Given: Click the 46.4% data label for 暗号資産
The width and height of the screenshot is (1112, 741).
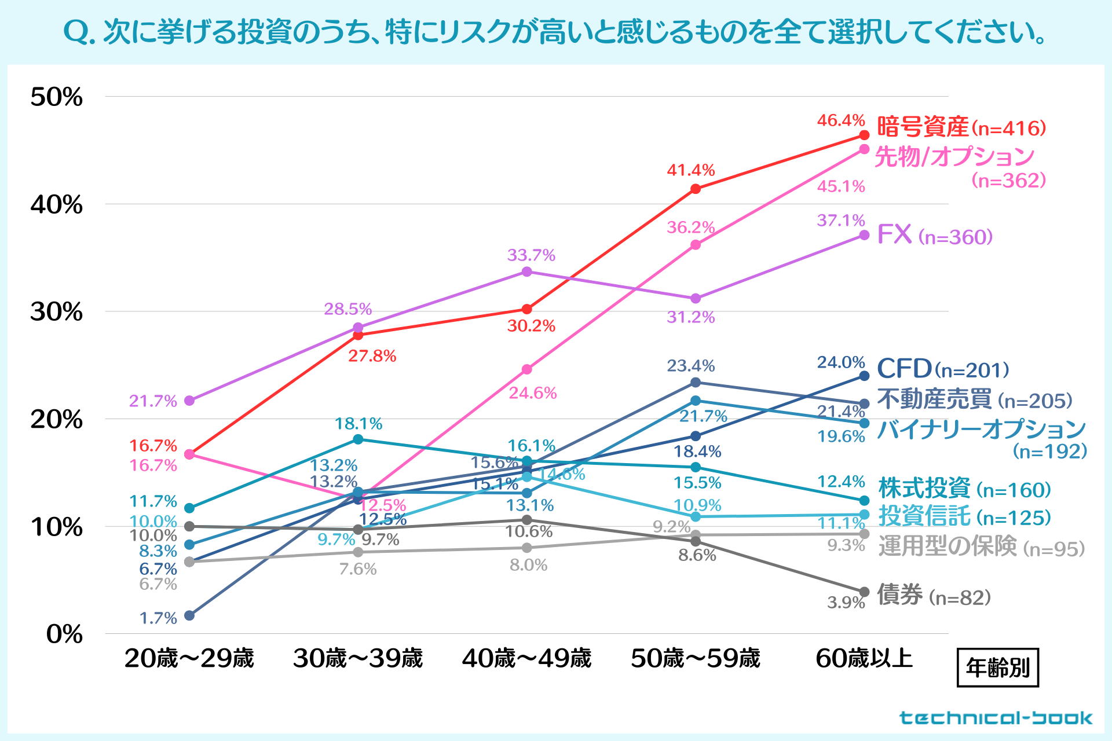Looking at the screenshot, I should [840, 120].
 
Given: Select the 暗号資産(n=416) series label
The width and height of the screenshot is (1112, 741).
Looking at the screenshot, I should [961, 127].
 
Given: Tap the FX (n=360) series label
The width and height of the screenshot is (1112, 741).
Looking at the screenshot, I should [935, 236].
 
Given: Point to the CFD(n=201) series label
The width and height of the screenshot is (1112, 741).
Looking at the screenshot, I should [943, 369].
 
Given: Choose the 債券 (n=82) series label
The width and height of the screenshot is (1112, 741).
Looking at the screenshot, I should [934, 595].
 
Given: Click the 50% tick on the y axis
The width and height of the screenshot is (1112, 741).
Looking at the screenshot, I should [57, 97].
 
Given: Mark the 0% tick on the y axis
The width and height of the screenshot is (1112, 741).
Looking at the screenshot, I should [64, 634].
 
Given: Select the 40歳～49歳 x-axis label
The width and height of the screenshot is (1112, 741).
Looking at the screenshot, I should [526, 659].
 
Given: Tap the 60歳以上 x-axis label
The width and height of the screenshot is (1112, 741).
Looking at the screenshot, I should [864, 659].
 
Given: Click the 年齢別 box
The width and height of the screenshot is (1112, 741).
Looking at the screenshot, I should [997, 668].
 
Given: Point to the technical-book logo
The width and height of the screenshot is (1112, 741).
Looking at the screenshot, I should [996, 718].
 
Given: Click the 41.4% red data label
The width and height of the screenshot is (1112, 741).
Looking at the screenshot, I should [690, 170].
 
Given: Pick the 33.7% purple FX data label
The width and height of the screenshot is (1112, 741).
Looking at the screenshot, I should [531, 255].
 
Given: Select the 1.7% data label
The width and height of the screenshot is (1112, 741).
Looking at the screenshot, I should [158, 618].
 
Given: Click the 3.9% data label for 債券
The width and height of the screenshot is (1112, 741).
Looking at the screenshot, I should [846, 603].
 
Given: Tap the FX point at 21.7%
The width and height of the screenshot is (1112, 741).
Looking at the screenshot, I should [189, 401].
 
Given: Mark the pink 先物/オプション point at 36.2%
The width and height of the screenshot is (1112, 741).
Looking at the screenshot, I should [696, 245].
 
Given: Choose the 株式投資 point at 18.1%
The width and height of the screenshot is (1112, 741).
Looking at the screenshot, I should [358, 439].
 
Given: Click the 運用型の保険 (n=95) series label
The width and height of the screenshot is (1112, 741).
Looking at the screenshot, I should [981, 547].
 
